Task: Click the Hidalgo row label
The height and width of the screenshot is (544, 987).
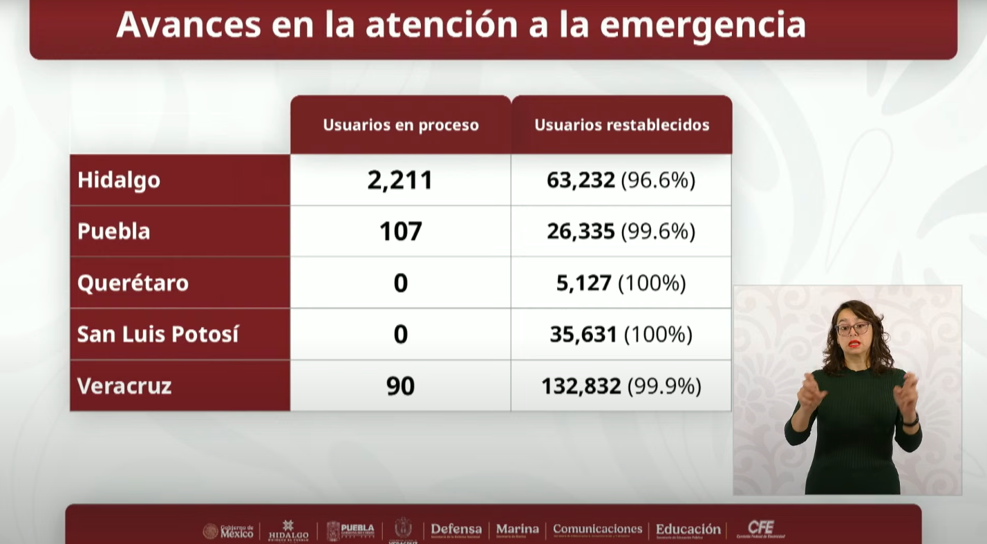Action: coord(119,180)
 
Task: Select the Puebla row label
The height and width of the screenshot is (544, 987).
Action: coord(114,231)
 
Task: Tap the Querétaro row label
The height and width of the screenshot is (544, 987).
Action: coord(133,283)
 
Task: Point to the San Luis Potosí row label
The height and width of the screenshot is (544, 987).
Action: coord(158,334)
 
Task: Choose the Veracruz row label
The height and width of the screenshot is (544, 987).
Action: coord(124,386)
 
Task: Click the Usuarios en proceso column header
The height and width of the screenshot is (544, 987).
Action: coord(401,125)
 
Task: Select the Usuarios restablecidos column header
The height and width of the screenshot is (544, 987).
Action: coord(622,125)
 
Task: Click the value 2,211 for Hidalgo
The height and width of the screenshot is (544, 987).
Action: coord(400,180)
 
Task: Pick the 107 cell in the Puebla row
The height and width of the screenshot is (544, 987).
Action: coord(400,231)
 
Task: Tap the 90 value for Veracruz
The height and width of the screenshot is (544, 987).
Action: coord(400,386)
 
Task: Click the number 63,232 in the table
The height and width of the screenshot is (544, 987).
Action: coord(581,180)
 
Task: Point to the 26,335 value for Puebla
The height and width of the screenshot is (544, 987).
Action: coord(581,231)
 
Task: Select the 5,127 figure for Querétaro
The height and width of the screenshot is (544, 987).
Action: coord(584,283)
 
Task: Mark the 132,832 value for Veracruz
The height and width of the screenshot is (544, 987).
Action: coord(581,386)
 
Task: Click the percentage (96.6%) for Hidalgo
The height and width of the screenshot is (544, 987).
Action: coord(658,180)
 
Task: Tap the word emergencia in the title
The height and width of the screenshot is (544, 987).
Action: coord(702,25)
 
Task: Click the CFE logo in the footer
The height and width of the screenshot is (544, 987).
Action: coord(761,529)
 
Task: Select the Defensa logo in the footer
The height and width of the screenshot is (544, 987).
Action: coord(456,530)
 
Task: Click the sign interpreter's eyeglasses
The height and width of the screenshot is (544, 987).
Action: coord(852,328)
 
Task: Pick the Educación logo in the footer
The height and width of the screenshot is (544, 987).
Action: coord(688,530)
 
